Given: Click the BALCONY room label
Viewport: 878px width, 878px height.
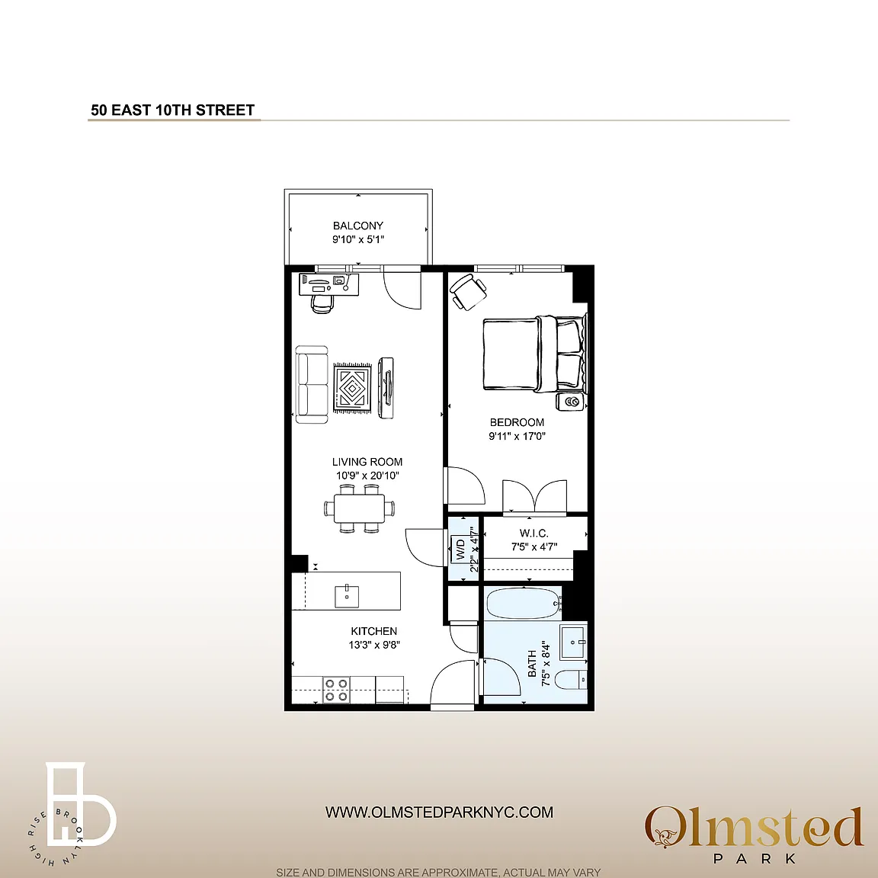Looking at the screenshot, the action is (x=357, y=226).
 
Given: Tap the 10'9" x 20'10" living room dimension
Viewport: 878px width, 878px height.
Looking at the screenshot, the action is (x=367, y=476).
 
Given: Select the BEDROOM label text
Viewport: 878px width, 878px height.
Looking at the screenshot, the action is (x=517, y=422).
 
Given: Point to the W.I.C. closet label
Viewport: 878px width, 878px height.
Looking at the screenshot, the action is (x=534, y=533).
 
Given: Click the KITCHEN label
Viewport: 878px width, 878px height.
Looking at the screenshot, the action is (x=374, y=631).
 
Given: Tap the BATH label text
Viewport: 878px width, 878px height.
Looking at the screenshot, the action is (x=532, y=663).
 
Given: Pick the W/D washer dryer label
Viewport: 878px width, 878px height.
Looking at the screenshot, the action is (x=461, y=550).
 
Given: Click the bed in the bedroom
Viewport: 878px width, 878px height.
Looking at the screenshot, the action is (x=535, y=353).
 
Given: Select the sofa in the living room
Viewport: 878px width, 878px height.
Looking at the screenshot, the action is (x=312, y=385).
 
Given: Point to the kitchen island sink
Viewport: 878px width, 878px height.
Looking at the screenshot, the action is (x=348, y=596).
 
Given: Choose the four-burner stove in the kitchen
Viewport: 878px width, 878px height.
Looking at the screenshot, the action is (x=336, y=690).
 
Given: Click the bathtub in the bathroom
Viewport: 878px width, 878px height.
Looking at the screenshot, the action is (x=524, y=604).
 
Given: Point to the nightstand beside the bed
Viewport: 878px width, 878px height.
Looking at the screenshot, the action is (x=571, y=402).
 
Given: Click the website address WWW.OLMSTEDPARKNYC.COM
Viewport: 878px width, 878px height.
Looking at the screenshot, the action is (x=439, y=812).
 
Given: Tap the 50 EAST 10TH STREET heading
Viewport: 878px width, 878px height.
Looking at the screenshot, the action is (x=173, y=110).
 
